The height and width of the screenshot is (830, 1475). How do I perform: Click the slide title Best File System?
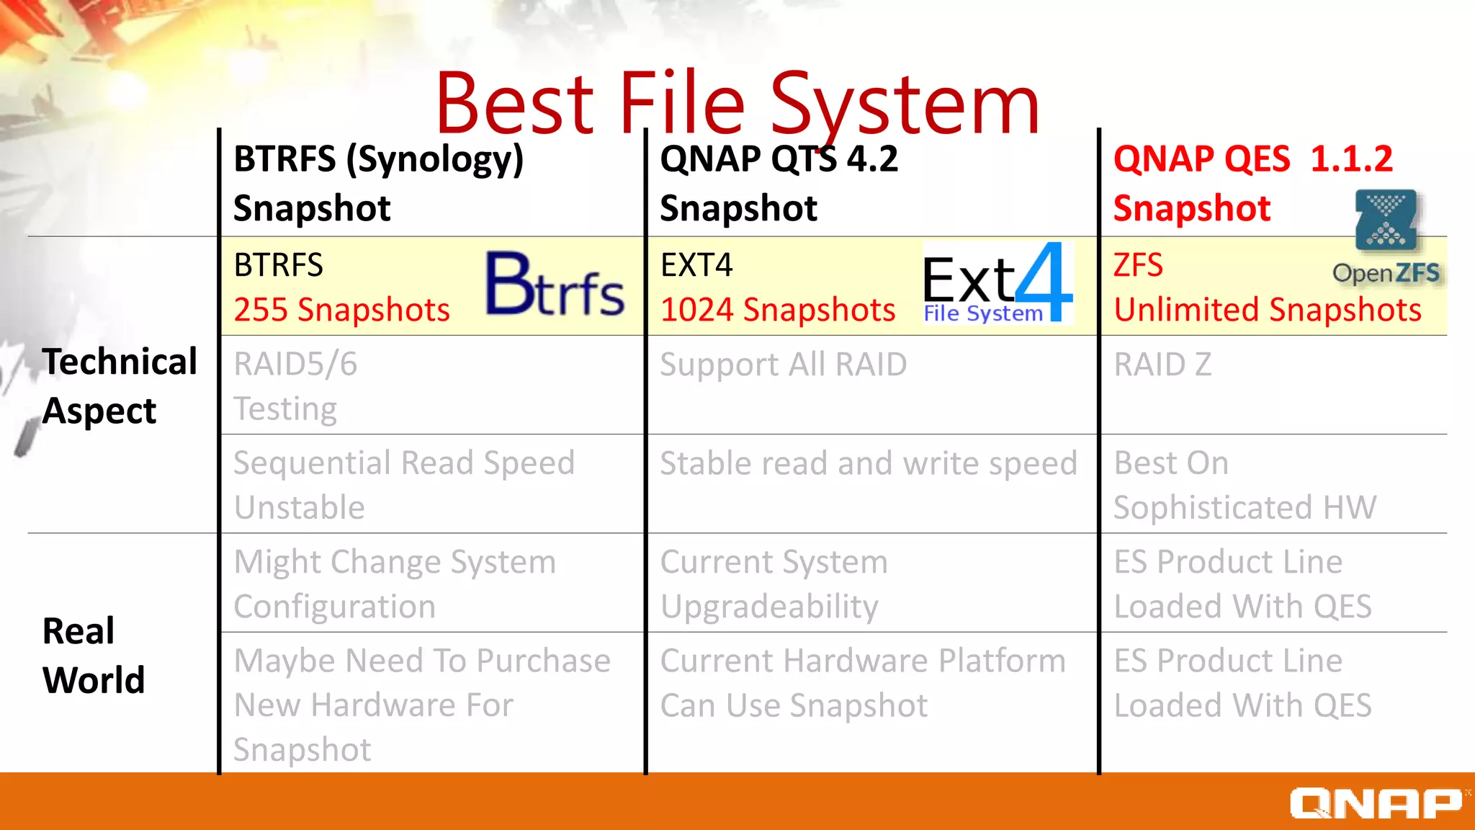pyautogui.click(x=737, y=104)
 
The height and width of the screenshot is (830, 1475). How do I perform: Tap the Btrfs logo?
pyautogui.click(x=555, y=286)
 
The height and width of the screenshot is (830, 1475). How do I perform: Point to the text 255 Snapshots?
pyautogui.click(x=341, y=311)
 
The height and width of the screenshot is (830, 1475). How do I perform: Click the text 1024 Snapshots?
pyautogui.click(x=778, y=311)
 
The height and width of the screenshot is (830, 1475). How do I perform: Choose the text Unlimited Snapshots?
pyautogui.click(x=1268, y=311)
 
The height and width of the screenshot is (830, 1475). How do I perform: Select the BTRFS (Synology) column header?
pyautogui.click(x=378, y=159)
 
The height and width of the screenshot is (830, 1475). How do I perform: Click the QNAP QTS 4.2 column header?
pyautogui.click(x=779, y=159)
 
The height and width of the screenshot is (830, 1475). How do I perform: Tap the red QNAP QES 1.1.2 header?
pyautogui.click(x=1253, y=159)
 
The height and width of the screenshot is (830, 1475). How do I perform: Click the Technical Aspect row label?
pyautogui.click(x=119, y=385)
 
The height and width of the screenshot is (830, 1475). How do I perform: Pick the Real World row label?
pyautogui.click(x=93, y=655)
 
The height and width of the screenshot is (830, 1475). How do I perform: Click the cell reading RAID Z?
pyautogui.click(x=1162, y=365)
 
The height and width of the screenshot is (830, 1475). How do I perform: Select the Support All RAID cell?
pyautogui.click(x=784, y=365)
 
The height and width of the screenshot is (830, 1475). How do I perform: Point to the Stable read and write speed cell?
pyautogui.click(x=869, y=463)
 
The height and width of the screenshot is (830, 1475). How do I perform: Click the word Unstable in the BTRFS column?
pyautogui.click(x=300, y=508)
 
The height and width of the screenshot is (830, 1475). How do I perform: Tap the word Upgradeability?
pyautogui.click(x=769, y=607)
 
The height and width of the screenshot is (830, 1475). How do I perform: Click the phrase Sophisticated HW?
pyautogui.click(x=1245, y=508)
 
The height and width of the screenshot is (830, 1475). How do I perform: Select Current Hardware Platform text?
pyautogui.click(x=863, y=661)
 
